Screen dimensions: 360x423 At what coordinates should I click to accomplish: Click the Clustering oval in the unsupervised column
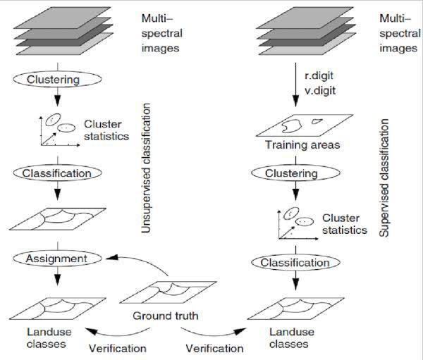(x=53, y=79)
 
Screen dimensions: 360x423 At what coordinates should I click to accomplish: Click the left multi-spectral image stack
(x=54, y=30)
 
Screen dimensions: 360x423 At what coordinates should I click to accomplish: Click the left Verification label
(x=118, y=348)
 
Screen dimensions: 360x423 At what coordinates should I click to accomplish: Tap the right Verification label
(x=215, y=348)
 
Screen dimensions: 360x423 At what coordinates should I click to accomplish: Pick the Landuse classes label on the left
(x=45, y=337)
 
